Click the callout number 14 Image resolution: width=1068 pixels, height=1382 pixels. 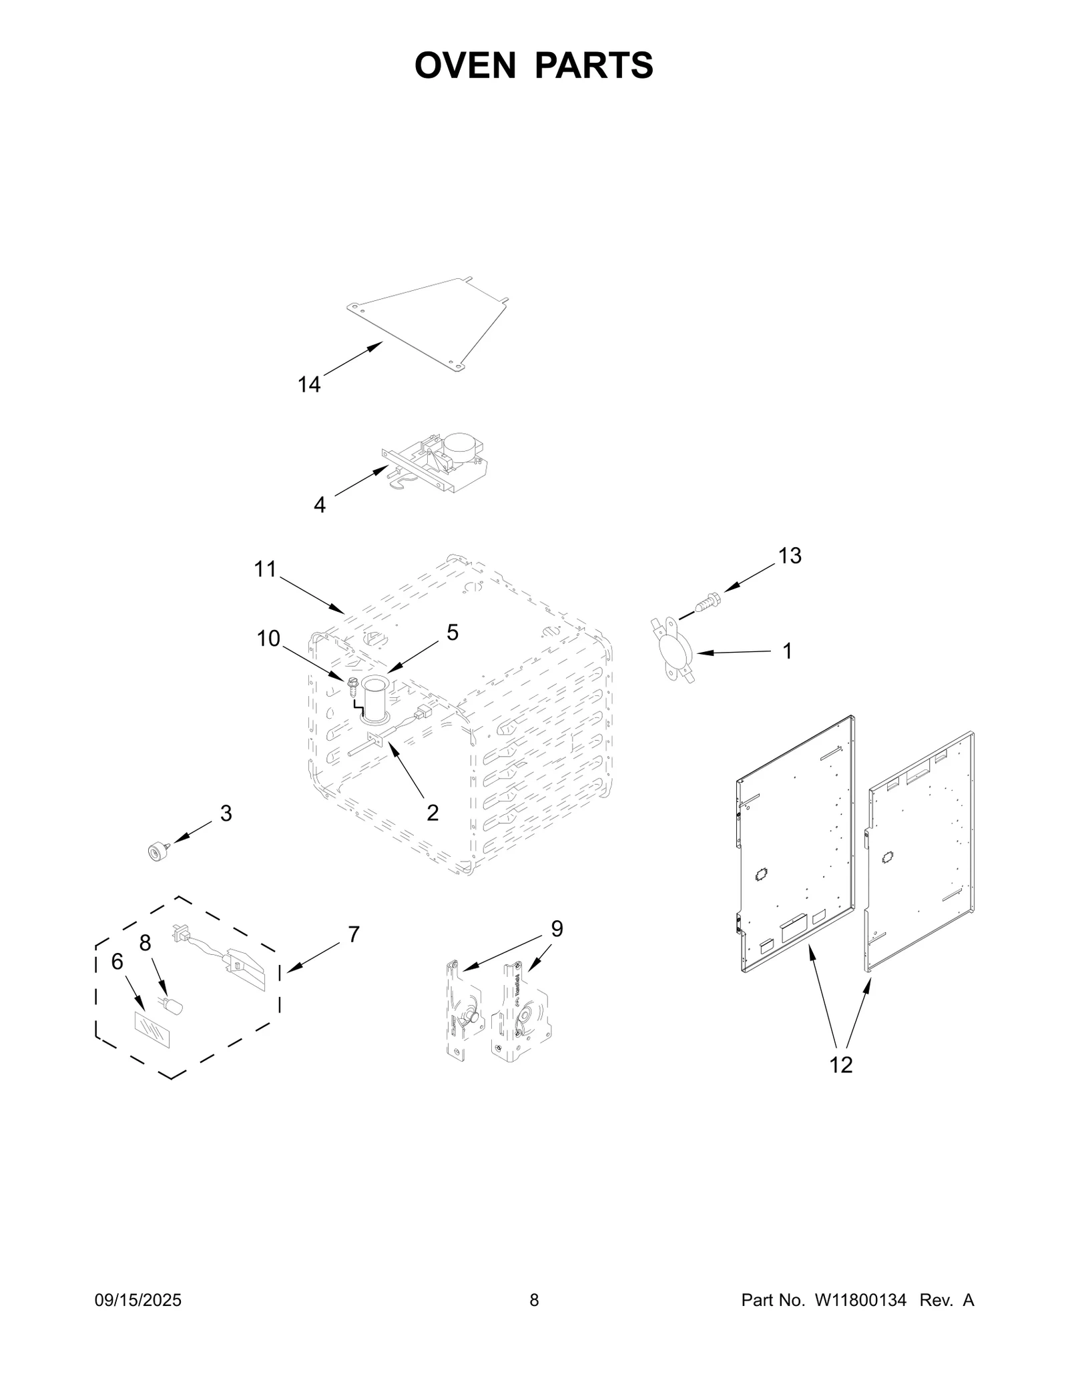click(308, 385)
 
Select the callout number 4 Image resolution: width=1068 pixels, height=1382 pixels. click(320, 505)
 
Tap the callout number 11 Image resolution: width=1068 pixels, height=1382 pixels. click(265, 569)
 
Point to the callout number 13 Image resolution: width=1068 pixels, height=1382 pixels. click(790, 556)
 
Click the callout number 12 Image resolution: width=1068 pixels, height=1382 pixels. click(841, 1065)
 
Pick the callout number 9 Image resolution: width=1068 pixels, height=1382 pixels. click(557, 929)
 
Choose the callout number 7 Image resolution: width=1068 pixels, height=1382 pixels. click(353, 935)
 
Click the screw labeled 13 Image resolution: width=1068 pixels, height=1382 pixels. click(707, 601)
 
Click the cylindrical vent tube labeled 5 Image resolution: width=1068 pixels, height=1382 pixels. click(374, 699)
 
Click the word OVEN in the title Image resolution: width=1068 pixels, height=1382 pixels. click(465, 65)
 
